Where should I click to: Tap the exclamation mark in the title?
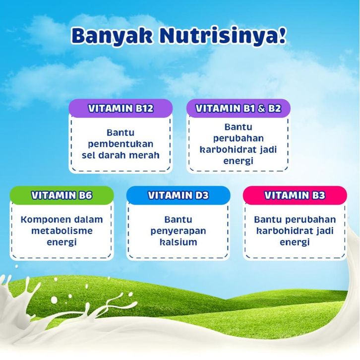[x=282, y=35]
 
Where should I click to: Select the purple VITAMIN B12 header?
[x=120, y=109]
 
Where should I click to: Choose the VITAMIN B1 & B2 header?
[x=239, y=109]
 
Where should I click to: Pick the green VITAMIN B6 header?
[x=62, y=195]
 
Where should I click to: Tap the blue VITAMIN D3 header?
[x=178, y=195]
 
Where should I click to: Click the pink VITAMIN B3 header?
[x=295, y=195]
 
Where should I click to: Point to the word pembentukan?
[x=120, y=144]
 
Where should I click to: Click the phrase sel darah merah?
[x=120, y=155]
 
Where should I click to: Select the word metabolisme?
[x=62, y=231]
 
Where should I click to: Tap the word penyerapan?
[x=178, y=231]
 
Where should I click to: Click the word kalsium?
[x=178, y=242]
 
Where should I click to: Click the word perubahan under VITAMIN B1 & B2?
[x=239, y=138]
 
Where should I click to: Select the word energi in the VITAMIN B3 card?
[x=295, y=242]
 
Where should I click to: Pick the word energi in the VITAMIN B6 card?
[x=62, y=242]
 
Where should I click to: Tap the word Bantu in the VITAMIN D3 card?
[x=178, y=220]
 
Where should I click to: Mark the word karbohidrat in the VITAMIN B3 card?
[x=283, y=231]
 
